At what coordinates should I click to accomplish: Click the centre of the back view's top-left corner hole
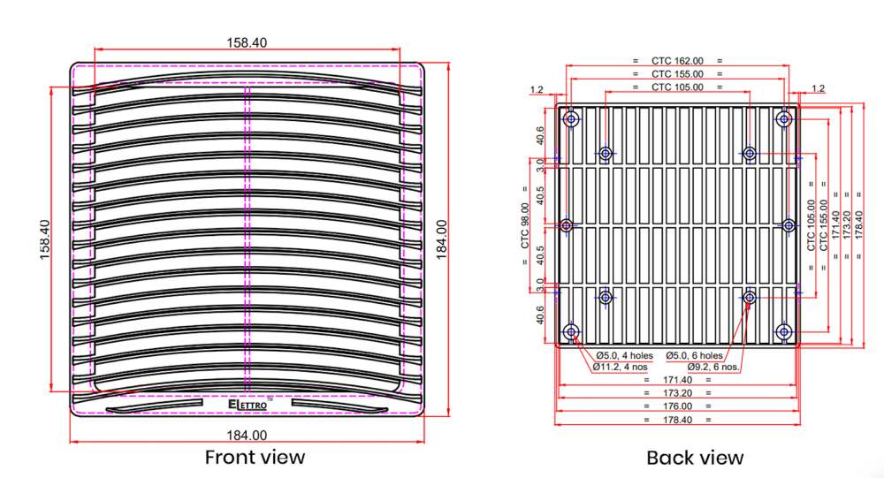tap(572, 119)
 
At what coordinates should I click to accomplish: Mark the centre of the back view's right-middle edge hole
tap(789, 225)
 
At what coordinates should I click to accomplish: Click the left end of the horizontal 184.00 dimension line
tap(70, 442)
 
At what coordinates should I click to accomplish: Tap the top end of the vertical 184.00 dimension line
tap(448, 63)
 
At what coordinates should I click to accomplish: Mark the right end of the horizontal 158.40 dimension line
tap(400, 49)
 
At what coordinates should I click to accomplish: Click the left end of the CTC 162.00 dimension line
tap(567, 64)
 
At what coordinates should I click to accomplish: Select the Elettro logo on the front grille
tap(248, 404)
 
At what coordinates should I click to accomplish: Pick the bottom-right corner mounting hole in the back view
tap(783, 331)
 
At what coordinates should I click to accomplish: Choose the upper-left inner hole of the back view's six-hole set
tap(606, 153)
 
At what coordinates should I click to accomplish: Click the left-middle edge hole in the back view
tap(567, 225)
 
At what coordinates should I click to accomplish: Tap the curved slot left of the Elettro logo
tap(154, 406)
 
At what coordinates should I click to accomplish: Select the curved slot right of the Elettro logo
tap(339, 406)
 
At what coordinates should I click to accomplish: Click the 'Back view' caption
tap(695, 457)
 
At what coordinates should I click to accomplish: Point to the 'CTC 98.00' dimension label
tap(525, 225)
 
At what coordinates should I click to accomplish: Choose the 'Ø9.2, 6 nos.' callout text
tap(713, 367)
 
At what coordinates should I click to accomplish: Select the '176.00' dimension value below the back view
tap(677, 406)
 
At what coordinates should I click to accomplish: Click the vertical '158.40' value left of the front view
tap(44, 239)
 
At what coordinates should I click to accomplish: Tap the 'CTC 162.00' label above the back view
tap(677, 60)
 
